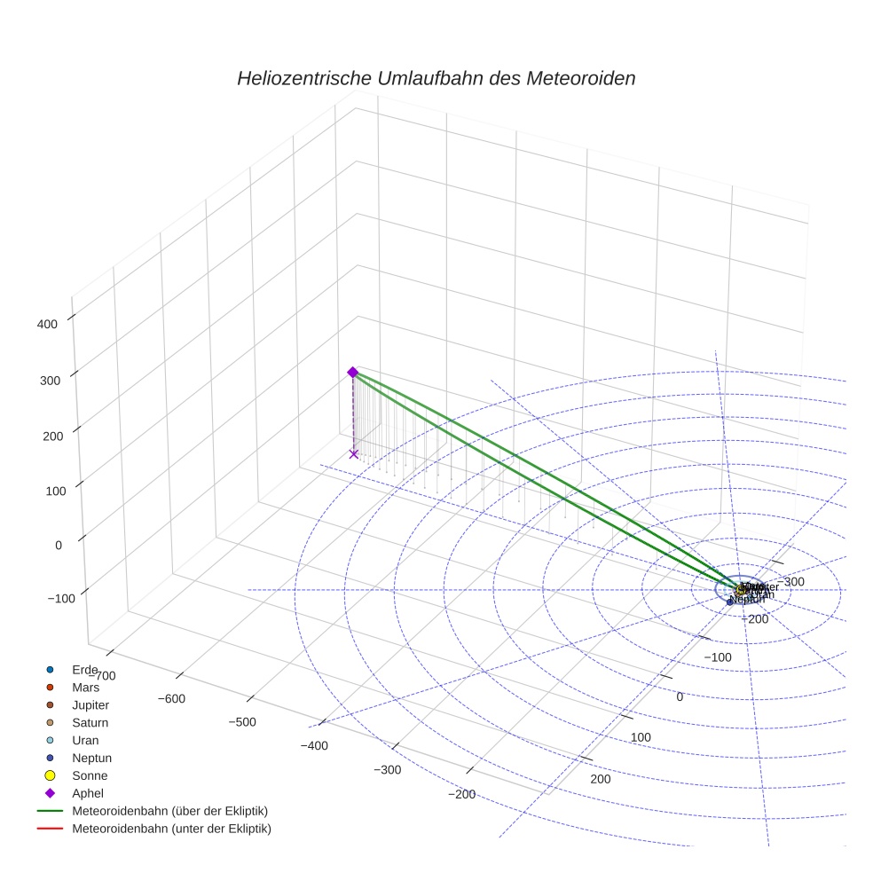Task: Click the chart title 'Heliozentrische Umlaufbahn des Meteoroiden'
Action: coord(436,78)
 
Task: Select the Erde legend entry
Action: coord(84,669)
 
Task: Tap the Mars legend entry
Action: coord(85,687)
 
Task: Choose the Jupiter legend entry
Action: coord(90,704)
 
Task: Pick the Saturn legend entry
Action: coord(90,722)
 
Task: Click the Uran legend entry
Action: coord(85,740)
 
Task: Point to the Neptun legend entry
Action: coord(91,758)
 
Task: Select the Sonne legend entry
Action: coord(90,775)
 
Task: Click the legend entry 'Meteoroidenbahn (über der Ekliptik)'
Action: coord(169,811)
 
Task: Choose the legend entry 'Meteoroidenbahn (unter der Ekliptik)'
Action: coord(171,829)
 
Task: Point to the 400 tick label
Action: coord(47,324)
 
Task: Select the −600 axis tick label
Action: coord(170,698)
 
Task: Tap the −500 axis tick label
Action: coord(241,721)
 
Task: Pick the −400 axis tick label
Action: coord(313,745)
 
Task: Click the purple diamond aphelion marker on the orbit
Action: coord(352,372)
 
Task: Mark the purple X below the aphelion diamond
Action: coord(353,453)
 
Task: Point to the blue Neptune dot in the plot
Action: coord(730,602)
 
